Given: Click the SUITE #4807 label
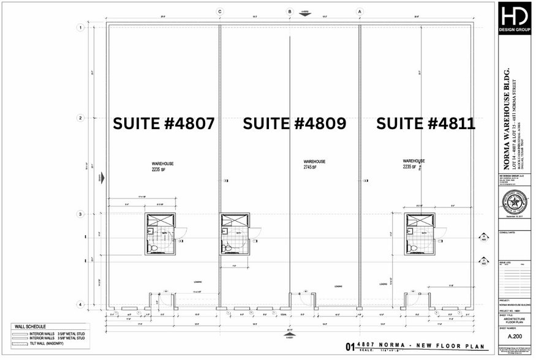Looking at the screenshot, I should coord(164,124).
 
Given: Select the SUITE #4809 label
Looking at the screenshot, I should coord(295,124).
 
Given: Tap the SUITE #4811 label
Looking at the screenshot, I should coord(426,124).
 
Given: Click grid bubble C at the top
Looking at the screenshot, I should coord(219,11).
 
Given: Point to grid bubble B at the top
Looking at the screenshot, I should coord(290,11).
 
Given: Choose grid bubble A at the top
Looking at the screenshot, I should coord(360,11).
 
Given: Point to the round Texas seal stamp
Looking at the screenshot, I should coord(514,201).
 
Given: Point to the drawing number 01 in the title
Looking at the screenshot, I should coord(350,348).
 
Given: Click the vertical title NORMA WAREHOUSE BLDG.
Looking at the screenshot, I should coord(507,122).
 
